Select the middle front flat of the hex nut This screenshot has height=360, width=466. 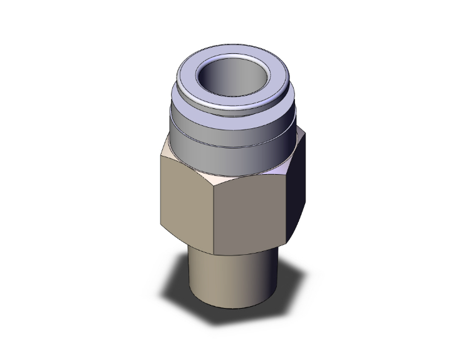tap(251, 213)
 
